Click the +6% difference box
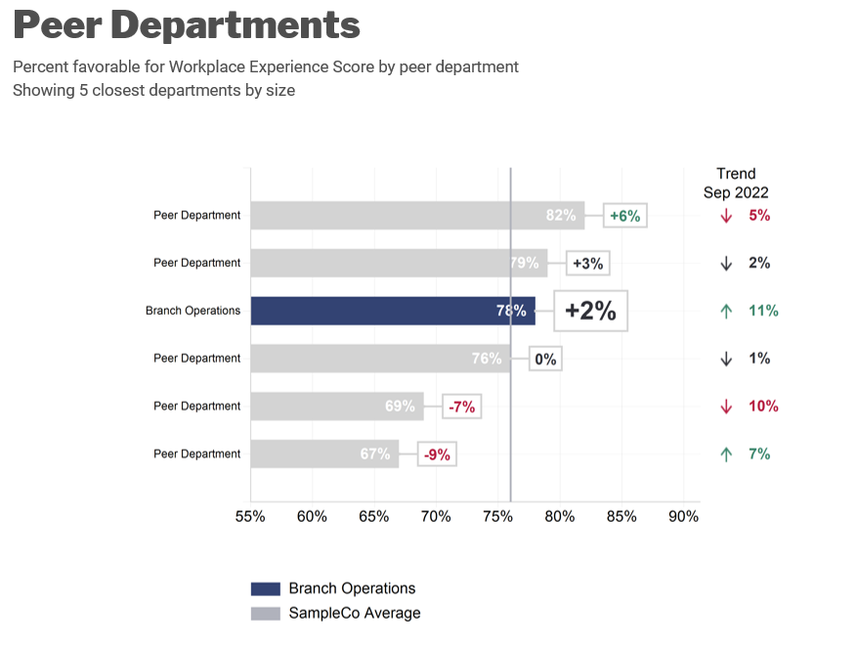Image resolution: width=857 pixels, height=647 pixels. pyautogui.click(x=625, y=216)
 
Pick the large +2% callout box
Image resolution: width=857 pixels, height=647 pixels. pyautogui.click(x=590, y=311)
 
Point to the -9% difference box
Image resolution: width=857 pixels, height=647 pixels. pyautogui.click(x=438, y=454)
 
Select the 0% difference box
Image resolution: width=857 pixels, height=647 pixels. pyautogui.click(x=545, y=359)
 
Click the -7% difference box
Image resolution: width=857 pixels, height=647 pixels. pyautogui.click(x=462, y=407)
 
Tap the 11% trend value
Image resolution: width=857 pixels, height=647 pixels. pyautogui.click(x=763, y=311)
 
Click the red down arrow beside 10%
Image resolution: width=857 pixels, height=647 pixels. pyautogui.click(x=726, y=407)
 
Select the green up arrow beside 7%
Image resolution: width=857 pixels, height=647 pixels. pyautogui.click(x=726, y=454)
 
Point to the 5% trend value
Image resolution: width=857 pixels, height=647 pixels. pyautogui.click(x=759, y=215)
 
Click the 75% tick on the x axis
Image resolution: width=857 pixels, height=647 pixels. pyautogui.click(x=497, y=516)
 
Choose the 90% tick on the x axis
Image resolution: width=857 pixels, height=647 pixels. pyautogui.click(x=683, y=516)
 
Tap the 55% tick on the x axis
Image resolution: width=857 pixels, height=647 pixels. pyautogui.click(x=250, y=516)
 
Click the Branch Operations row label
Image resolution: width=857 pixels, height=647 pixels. pyautogui.click(x=193, y=311)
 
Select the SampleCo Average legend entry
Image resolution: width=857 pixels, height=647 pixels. pyautogui.click(x=354, y=613)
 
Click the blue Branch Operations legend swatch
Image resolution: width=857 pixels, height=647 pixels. pyautogui.click(x=266, y=588)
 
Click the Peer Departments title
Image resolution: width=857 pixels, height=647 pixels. pyautogui.click(x=187, y=25)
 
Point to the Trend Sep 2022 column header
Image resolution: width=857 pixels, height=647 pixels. pyautogui.click(x=736, y=183)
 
